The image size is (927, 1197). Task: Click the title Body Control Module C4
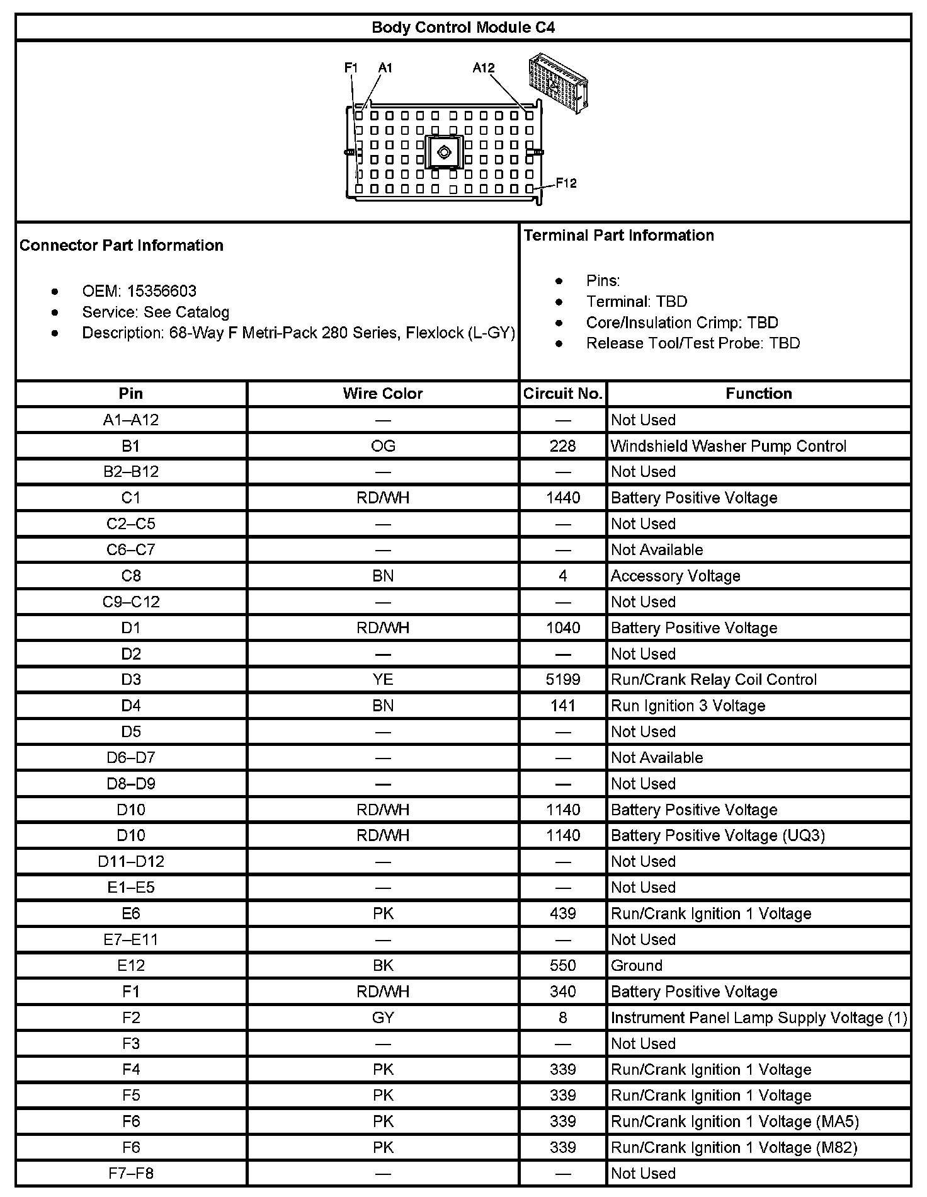463,28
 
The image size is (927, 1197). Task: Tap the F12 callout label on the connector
566,183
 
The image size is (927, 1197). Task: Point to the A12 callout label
484,67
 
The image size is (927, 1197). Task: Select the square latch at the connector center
443,152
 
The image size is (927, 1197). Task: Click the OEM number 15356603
162,291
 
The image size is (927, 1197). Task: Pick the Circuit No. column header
563,394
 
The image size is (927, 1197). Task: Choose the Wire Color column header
383,394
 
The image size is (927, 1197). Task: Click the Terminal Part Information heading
619,236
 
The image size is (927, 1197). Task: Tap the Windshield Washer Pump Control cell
728,446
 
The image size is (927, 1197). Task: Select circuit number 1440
563,498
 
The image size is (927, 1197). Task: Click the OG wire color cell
383,446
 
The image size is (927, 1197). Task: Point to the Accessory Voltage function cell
675,576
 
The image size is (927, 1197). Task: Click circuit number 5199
563,680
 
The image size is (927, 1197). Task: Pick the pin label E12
131,965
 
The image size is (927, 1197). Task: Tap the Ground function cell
637,965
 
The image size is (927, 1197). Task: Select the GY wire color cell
383,1017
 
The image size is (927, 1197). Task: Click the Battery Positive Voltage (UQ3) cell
717,835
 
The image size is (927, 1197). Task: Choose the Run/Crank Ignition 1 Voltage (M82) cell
734,1147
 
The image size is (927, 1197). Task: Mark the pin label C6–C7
131,550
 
